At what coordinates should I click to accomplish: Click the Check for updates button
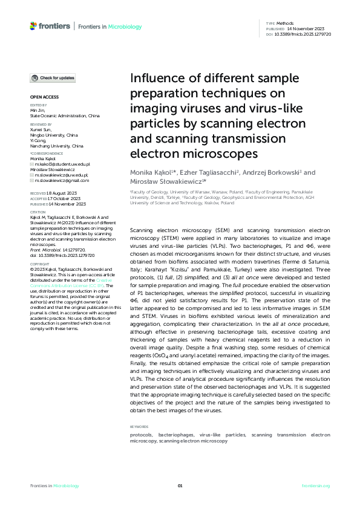click(54, 78)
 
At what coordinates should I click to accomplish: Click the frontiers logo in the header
click(49, 27)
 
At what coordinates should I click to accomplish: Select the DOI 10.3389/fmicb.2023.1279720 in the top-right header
click(307, 33)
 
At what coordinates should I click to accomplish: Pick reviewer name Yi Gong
click(39, 140)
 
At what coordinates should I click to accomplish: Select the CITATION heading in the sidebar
click(38, 212)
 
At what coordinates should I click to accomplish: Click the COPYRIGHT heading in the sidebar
click(40, 264)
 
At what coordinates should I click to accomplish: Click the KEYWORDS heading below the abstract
click(139, 427)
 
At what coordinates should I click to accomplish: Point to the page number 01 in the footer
click(180, 485)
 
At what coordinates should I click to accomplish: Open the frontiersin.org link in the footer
click(316, 485)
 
